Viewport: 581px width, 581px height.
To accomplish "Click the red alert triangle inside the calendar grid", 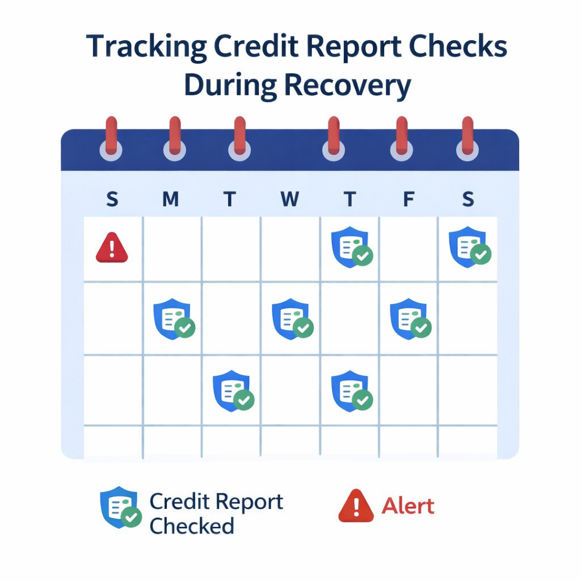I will point(112,248).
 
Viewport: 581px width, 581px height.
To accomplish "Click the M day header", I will point(170,199).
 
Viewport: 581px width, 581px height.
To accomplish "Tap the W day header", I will point(289,199).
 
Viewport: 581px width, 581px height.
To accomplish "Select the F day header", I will point(407,199).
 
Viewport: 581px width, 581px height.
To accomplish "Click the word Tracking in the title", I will point(146,48).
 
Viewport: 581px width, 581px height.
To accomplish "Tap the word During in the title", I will point(230,86).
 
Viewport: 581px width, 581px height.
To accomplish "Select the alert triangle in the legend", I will point(356,506).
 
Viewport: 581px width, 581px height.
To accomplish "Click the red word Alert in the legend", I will point(408,506).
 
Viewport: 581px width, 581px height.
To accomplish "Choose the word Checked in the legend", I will point(192,526).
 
